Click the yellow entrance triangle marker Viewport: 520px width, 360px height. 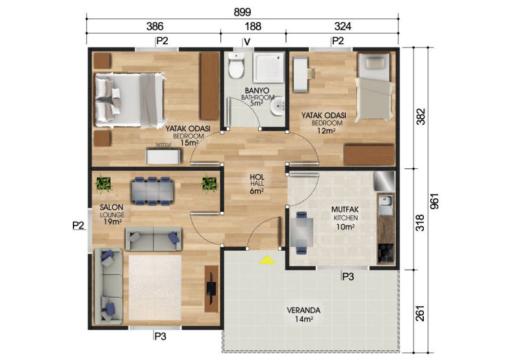(x=267, y=260)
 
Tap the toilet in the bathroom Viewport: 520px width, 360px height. (x=236, y=65)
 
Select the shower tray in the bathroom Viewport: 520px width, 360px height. (x=269, y=68)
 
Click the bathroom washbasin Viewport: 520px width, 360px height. (x=278, y=106)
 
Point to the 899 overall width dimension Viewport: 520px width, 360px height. (x=242, y=12)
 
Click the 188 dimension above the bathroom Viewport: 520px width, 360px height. (x=253, y=27)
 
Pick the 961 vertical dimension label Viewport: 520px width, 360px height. (x=434, y=201)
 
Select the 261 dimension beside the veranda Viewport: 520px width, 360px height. (x=420, y=313)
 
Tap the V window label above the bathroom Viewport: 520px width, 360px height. (x=247, y=42)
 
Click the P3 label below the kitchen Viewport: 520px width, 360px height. (x=348, y=276)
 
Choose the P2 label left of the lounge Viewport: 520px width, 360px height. (x=78, y=225)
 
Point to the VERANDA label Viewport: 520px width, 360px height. (x=304, y=311)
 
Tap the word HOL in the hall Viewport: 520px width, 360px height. (x=257, y=177)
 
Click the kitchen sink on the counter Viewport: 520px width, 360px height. (x=385, y=205)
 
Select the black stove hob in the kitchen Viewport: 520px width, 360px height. (x=385, y=253)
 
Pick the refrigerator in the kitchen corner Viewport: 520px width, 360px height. (x=384, y=181)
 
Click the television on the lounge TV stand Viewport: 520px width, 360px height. (x=211, y=289)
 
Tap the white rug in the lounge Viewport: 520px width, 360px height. (x=155, y=287)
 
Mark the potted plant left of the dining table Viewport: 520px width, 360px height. (x=103, y=184)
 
